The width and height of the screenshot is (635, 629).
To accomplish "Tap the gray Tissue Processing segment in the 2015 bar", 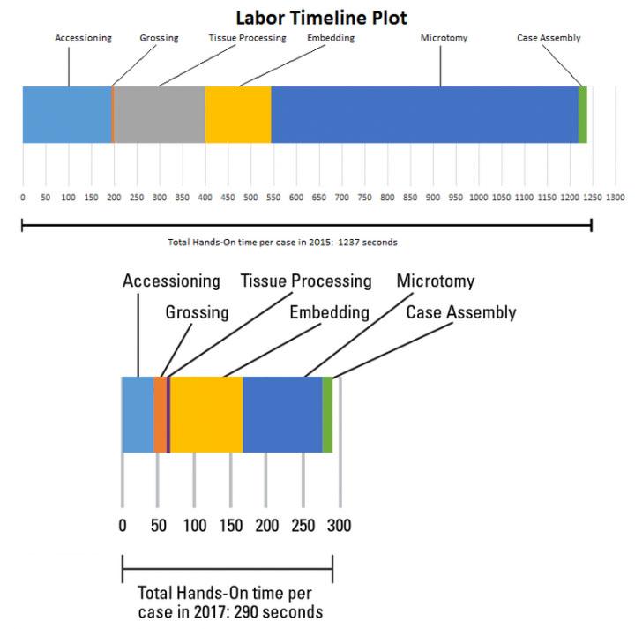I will pos(160,114).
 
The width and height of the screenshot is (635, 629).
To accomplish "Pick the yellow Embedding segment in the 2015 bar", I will pos(238,114).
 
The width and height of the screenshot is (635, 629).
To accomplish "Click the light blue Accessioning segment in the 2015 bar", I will pos(66,114).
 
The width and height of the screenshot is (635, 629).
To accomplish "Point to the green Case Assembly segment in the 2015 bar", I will pos(582,114).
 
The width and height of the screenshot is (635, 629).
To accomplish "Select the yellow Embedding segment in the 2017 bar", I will pos(206,414).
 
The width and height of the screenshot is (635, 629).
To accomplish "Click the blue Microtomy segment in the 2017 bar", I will pos(282,414).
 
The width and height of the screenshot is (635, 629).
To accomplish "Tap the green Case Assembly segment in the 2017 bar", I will pos(327,414).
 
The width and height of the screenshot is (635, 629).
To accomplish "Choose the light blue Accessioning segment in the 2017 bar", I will pos(137,414).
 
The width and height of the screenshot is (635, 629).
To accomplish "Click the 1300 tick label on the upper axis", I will pos(615,197).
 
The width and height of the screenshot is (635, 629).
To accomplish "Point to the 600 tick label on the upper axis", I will pos(296,197).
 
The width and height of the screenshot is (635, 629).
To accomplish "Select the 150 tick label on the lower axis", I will pos(230,526).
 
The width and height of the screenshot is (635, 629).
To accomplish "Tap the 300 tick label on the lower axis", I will pos(340,526).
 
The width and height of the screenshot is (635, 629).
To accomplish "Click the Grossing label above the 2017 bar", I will pos(197,312).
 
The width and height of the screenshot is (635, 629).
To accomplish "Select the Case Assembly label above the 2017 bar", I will pos(461,312).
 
